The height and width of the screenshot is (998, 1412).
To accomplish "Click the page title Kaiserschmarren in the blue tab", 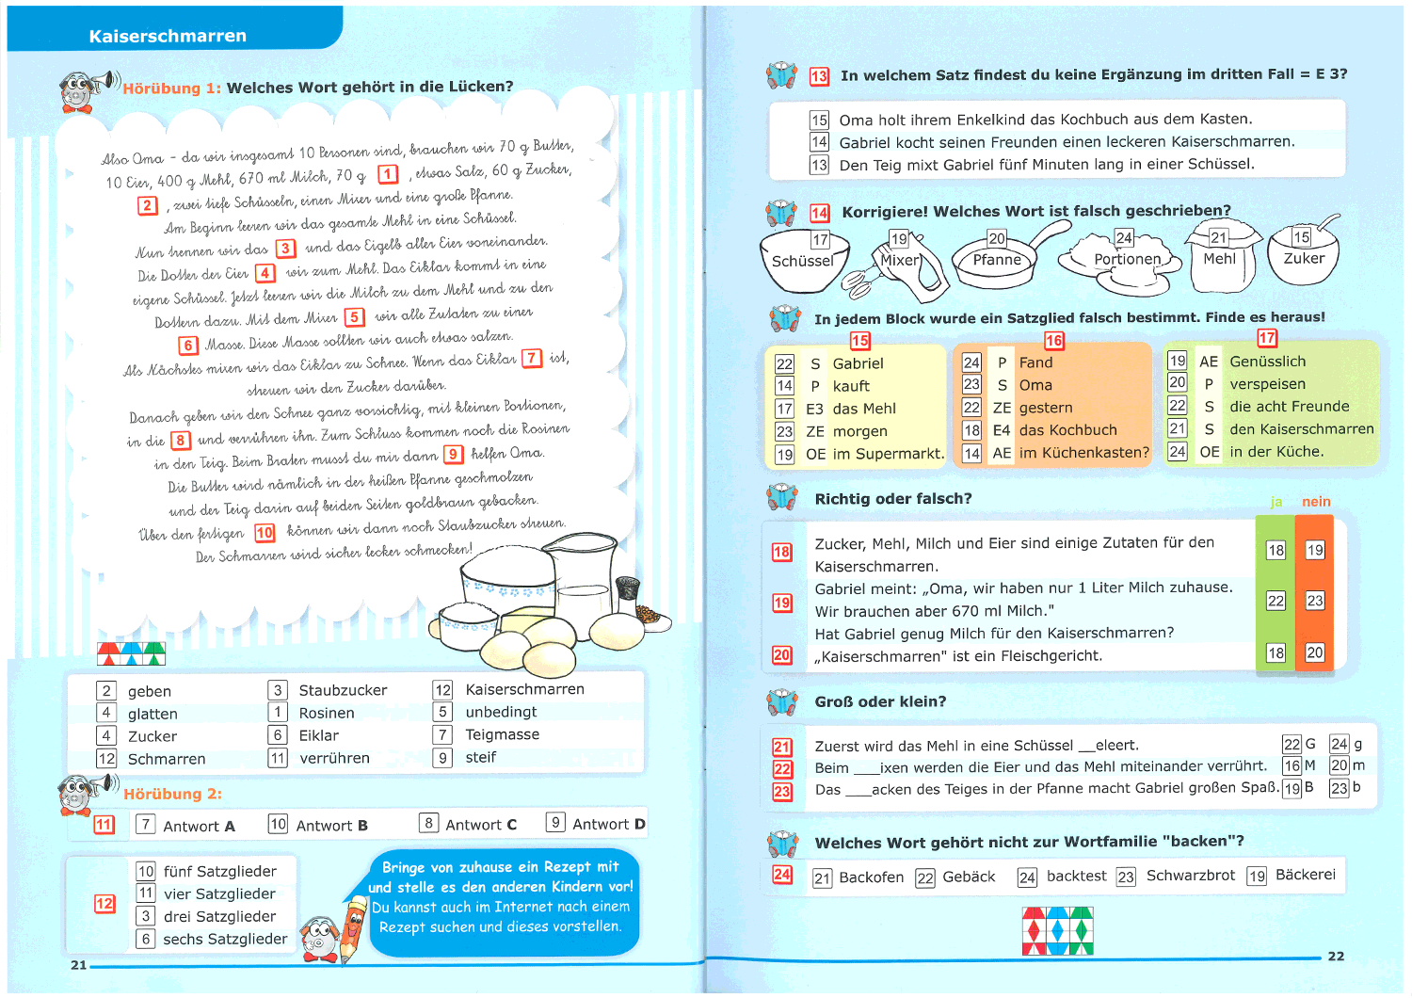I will click(x=168, y=36).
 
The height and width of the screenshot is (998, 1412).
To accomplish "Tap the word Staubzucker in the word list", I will click(x=343, y=690).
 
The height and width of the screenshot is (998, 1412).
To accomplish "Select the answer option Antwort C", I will click(x=481, y=825).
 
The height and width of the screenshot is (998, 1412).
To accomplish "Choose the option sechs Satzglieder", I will click(x=225, y=939).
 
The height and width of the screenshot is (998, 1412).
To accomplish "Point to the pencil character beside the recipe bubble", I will click(x=353, y=927).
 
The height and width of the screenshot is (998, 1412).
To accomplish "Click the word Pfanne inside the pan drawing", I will click(x=997, y=260).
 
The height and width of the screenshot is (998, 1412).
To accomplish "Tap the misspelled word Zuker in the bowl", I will click(x=1304, y=258).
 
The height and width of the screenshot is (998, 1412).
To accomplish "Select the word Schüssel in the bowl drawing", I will click(x=803, y=261).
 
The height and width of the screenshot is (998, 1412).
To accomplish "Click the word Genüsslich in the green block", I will click(x=1267, y=362).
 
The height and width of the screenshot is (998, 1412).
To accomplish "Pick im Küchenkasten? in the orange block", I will click(x=1083, y=453).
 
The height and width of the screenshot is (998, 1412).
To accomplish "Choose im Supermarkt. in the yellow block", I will click(x=888, y=454).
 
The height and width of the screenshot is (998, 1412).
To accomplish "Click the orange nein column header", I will click(x=1316, y=502).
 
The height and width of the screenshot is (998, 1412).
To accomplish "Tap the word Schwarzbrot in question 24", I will click(x=1190, y=876).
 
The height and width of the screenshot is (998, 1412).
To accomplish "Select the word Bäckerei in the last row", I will click(x=1305, y=875).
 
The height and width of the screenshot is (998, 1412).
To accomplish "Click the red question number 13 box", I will click(x=819, y=76).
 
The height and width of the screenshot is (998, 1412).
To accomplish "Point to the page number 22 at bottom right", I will click(x=1336, y=957).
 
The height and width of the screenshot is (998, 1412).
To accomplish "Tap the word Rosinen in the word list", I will click(x=327, y=713).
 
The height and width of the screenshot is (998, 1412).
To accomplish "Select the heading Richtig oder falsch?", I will click(x=892, y=499).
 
